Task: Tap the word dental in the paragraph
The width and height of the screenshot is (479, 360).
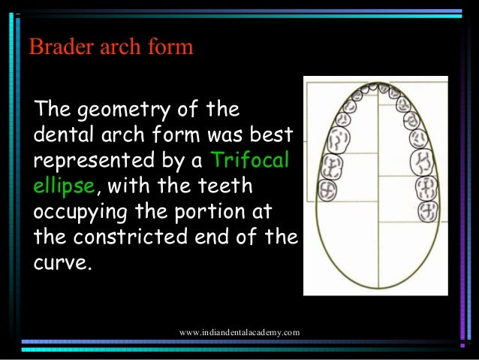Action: click(x=62, y=136)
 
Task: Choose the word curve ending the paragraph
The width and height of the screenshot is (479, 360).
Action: click(x=63, y=262)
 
